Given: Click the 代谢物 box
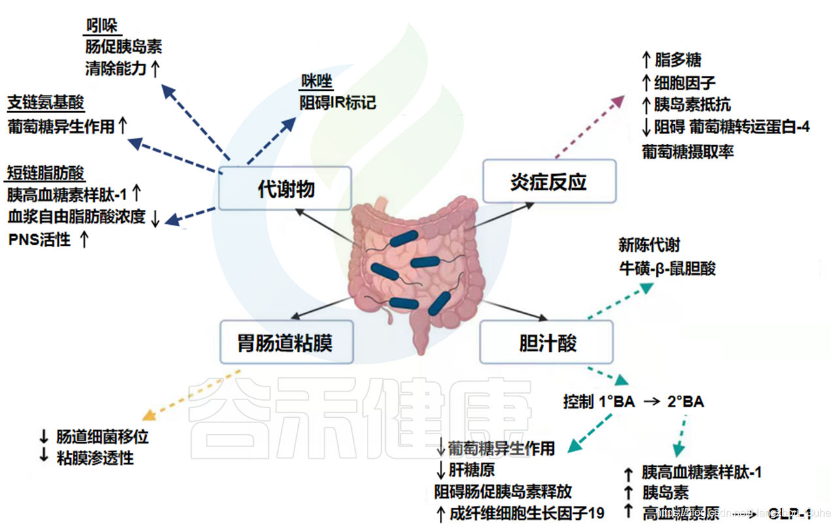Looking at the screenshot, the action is click(x=285, y=189).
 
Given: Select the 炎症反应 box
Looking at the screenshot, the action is click(x=549, y=182).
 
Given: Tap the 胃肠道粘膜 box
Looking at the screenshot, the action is click(x=286, y=342).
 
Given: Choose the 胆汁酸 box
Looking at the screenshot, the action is click(x=547, y=342).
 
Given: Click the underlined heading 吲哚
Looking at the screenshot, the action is click(x=101, y=25).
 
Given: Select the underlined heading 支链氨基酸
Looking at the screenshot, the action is click(x=46, y=103).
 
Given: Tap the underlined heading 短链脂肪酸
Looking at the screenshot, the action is click(x=46, y=173).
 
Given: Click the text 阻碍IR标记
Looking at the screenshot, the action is click(x=337, y=103).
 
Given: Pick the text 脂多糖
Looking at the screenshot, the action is click(x=678, y=60).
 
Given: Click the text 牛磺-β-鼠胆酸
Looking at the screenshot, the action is click(x=667, y=268).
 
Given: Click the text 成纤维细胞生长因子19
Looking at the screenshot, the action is click(x=527, y=513).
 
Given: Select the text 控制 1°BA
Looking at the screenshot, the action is click(x=599, y=401).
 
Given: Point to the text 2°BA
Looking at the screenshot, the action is click(x=685, y=401).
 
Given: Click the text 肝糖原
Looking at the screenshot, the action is click(x=472, y=469).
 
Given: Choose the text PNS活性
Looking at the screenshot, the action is click(x=39, y=240).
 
